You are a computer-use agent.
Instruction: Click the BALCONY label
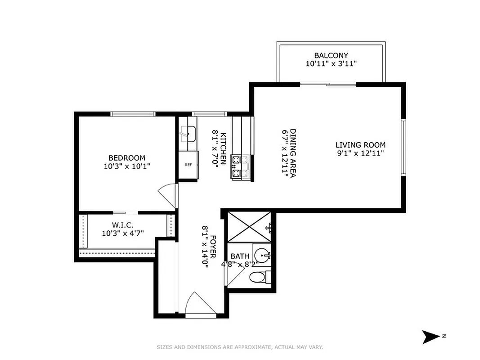[331, 56]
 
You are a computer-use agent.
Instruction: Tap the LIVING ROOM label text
[360, 145]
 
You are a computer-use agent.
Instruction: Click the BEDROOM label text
[127, 158]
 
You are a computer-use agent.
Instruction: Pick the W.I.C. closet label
[121, 225]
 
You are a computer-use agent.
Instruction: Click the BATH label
[240, 256]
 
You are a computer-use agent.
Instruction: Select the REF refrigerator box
[188, 165]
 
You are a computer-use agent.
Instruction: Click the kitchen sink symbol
[188, 134]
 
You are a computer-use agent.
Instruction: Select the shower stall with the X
[249, 228]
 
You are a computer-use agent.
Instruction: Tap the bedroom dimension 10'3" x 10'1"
[127, 166]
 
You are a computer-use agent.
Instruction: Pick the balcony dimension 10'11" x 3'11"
[331, 64]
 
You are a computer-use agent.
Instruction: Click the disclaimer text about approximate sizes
[240, 347]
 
